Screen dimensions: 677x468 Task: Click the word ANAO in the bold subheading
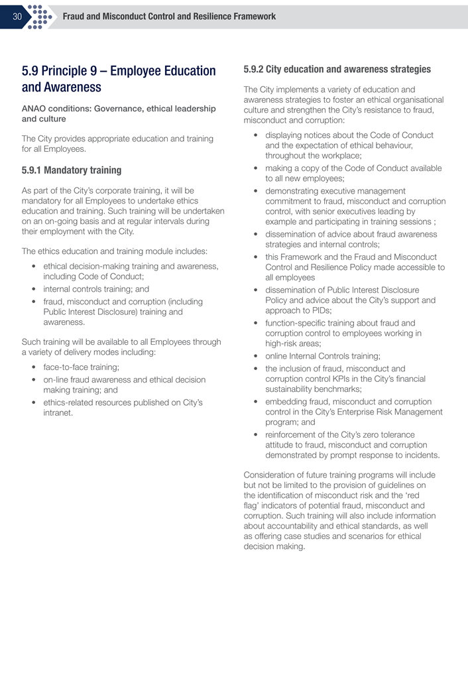point(35,108)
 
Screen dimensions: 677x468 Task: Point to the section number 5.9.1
point(34,170)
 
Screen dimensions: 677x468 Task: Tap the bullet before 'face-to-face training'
point(34,367)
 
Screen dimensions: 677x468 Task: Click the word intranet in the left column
point(58,412)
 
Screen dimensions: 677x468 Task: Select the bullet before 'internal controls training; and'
point(34,289)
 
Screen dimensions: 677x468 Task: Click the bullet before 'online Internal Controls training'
point(256,356)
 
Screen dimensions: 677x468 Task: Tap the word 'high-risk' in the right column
point(285,343)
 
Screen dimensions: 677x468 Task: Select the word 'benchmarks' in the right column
point(336,389)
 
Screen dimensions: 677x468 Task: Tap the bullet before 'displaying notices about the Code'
point(256,135)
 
